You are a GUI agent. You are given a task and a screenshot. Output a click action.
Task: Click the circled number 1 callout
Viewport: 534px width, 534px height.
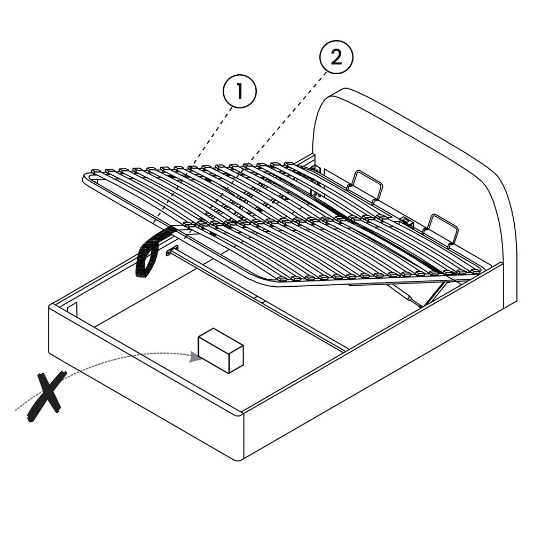tap(239, 91)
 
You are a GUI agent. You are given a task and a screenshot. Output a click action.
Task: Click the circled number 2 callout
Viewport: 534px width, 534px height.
tap(336, 57)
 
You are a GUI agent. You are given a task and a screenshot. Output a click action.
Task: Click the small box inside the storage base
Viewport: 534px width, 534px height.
tap(221, 350)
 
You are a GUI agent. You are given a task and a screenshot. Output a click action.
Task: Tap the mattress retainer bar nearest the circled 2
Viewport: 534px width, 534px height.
tap(365, 186)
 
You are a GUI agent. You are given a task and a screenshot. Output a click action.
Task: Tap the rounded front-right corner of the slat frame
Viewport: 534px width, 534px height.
tap(276, 282)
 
